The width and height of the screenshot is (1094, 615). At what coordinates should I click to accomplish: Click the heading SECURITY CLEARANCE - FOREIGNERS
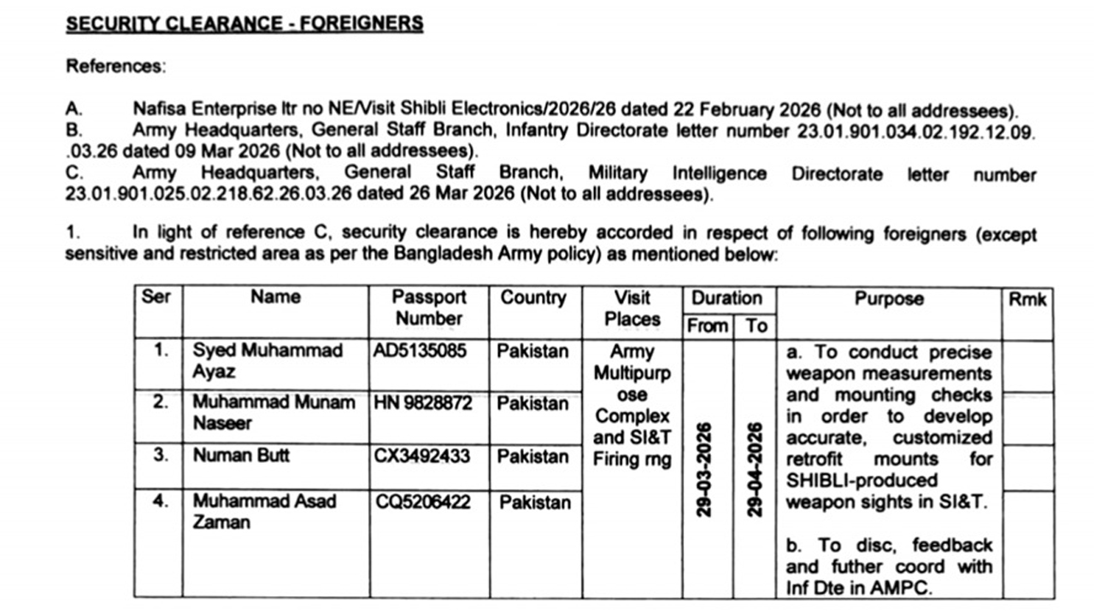coord(244,24)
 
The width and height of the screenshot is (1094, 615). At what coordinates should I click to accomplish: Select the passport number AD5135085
coord(421,351)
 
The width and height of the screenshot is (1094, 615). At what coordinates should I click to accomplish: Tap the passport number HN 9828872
coord(423,403)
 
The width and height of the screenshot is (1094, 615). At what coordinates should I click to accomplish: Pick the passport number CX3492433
coord(422,456)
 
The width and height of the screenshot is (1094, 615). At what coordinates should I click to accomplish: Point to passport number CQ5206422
coord(424,501)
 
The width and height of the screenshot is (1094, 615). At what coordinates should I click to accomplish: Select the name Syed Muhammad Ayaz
coord(268,361)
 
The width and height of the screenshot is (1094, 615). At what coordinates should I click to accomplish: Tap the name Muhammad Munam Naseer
coord(273,413)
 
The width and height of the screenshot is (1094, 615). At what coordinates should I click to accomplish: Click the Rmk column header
coord(1026,299)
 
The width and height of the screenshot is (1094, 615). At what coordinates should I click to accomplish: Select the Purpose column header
coord(889,299)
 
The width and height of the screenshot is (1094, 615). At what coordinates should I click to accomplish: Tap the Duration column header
coord(726,298)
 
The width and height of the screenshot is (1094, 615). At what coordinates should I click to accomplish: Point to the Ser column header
coord(156,297)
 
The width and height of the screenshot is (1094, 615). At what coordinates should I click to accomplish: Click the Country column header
coord(533,298)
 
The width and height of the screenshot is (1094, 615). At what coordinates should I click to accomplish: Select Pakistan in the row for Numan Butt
coord(533,456)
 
